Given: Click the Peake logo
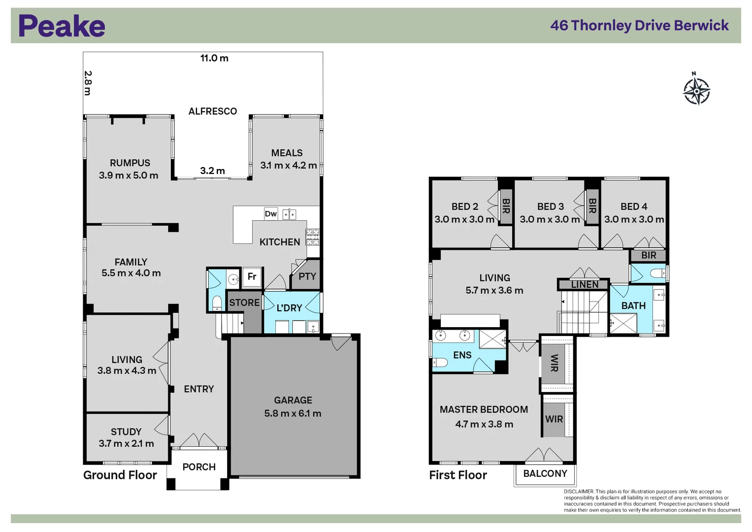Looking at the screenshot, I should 62,26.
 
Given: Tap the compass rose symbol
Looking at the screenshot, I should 696,91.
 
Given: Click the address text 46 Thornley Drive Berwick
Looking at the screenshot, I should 639,26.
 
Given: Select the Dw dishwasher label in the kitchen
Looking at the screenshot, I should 270,214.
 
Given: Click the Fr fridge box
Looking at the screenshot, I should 252,277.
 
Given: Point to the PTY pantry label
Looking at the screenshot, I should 307,276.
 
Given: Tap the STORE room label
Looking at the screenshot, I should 244,302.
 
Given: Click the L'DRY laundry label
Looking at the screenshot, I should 289,308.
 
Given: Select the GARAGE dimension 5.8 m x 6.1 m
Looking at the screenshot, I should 293,413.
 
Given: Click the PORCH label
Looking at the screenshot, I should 199,467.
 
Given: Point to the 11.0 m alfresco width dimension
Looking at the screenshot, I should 214,58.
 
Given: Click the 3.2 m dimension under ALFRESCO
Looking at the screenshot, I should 212,171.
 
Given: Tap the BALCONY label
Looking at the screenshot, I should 545,473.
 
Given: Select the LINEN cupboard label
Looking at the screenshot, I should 585,284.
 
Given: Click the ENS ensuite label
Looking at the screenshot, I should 462,355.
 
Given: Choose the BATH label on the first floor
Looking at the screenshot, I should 633,306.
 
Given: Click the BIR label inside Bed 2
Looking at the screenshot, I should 506,206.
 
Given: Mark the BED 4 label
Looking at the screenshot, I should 634,206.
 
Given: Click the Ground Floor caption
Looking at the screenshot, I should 120,475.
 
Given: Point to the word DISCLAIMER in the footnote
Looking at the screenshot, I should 579,492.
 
